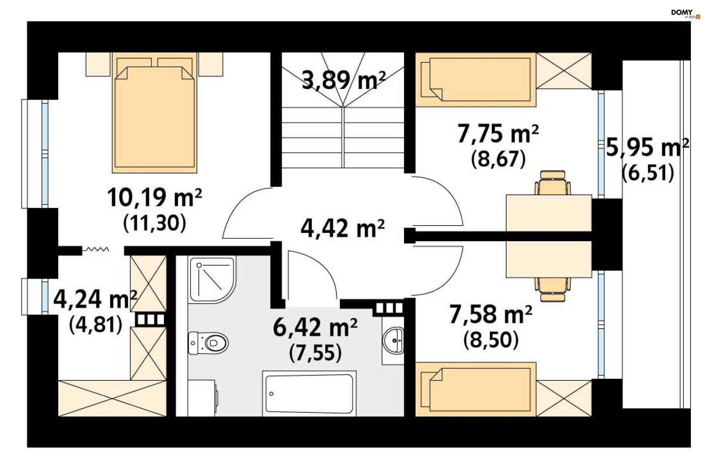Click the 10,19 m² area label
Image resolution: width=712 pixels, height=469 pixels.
[155, 197]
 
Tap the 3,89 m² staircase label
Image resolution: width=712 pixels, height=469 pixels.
[344, 80]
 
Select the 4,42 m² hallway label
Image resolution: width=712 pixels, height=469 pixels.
[343, 228]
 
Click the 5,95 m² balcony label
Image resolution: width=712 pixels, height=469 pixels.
[647, 147]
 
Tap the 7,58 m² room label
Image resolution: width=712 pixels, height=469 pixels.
[491, 314]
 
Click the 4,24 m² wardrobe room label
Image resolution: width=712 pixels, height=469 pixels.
[95, 299]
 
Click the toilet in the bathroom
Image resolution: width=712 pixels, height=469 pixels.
[208, 343]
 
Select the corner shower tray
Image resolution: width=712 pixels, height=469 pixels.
[212, 280]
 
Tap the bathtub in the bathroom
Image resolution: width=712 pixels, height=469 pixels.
[309, 393]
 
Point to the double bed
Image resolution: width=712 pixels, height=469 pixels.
[155, 113]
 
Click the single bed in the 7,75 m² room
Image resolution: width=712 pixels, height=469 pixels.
[476, 80]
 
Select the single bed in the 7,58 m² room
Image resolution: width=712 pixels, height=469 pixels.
[476, 389]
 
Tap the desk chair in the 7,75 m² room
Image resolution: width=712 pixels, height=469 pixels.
[553, 183]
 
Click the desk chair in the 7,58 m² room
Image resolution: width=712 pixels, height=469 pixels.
[553, 290]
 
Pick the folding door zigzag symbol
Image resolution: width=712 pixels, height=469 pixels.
[96, 250]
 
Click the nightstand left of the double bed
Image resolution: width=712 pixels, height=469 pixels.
[98, 64]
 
